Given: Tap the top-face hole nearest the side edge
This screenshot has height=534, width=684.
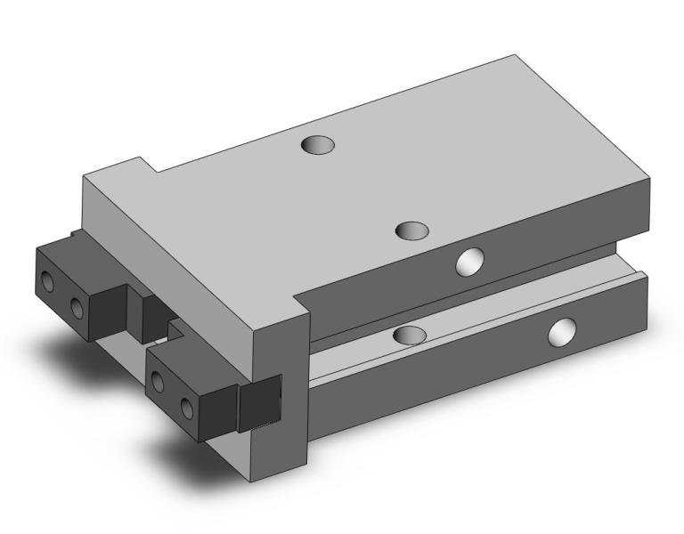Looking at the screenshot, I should pyautogui.click(x=411, y=231).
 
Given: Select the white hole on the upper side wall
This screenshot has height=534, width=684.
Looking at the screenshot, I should pyautogui.click(x=468, y=262).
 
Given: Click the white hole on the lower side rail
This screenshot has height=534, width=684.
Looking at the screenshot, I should pyautogui.click(x=562, y=332).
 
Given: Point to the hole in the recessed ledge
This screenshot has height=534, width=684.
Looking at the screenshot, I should pyautogui.click(x=410, y=336).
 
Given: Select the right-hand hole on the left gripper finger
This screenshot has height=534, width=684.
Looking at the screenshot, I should pyautogui.click(x=77, y=308).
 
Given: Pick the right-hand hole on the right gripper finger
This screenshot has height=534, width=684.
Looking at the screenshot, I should pyautogui.click(x=187, y=408).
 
